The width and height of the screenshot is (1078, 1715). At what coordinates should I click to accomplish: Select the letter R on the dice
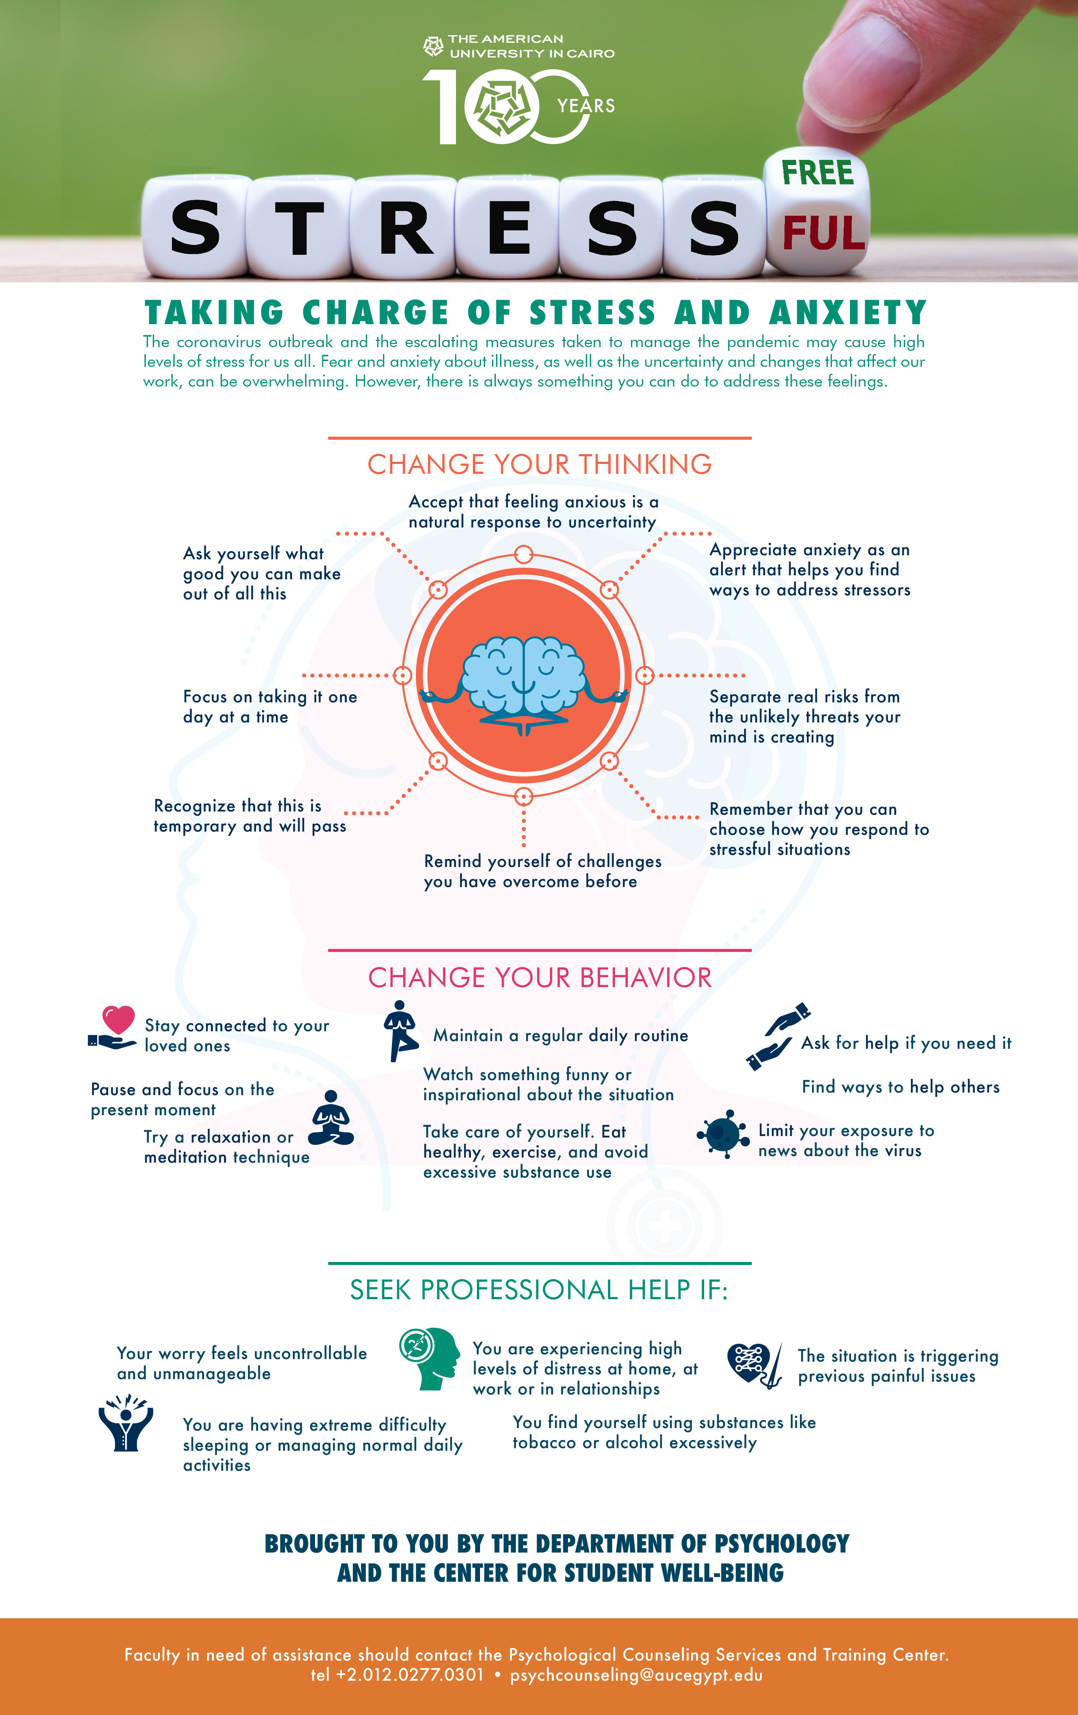click(406, 228)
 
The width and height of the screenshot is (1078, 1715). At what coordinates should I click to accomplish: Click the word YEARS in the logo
click(586, 106)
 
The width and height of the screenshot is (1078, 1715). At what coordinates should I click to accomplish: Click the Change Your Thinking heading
click(539, 464)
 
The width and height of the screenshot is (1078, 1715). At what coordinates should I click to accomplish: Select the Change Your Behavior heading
click(539, 978)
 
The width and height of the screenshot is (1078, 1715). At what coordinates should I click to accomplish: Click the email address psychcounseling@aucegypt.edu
click(636, 1675)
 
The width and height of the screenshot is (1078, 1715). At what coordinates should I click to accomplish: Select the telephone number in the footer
click(397, 1675)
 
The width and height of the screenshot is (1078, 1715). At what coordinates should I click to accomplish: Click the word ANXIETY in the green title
click(847, 312)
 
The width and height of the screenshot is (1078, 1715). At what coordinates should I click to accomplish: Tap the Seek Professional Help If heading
click(539, 1290)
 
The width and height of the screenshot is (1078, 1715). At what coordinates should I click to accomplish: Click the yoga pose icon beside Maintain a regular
click(401, 1031)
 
